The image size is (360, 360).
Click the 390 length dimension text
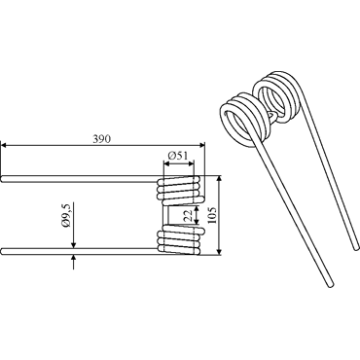coord(102,139)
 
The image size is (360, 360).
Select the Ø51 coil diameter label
coord(178,156)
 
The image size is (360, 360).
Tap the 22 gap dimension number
coord(188,215)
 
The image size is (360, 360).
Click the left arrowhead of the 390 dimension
coord(4,145)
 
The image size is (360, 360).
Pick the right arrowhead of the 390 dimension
coord(202,145)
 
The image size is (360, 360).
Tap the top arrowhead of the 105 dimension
coord(219,180)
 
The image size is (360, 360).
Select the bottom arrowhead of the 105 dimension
coord(219,251)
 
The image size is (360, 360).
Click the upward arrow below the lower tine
coord(74,262)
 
